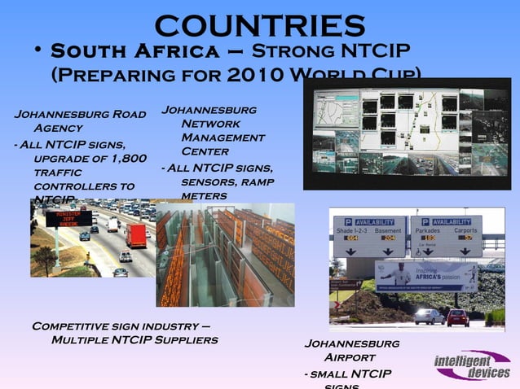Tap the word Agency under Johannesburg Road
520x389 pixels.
58,128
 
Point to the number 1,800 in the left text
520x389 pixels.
129,157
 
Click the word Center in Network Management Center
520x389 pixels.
205,151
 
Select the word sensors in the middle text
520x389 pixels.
209,181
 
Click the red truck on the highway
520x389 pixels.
136,235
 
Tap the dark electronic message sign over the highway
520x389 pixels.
69,218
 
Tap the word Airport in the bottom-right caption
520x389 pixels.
350,356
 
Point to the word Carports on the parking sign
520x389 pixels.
465,229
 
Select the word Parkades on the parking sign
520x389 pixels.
429,229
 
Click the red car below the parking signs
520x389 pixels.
458,317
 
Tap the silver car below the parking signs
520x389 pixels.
429,316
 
